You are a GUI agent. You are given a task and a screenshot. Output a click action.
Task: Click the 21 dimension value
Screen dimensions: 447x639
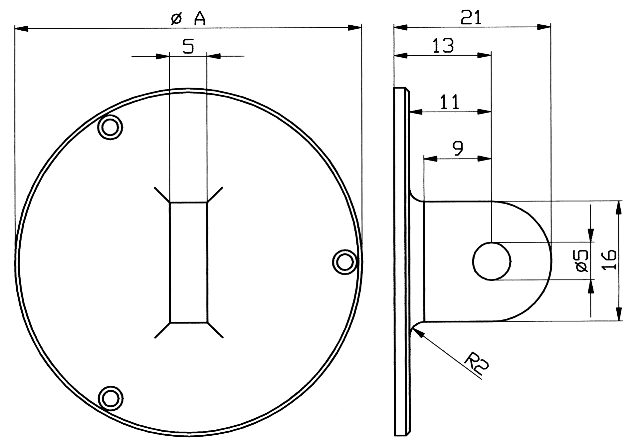(x=471, y=18)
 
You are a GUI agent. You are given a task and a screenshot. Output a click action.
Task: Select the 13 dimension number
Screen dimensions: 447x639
(x=443, y=46)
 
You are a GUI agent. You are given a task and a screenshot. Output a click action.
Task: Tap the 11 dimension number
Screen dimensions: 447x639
(x=450, y=102)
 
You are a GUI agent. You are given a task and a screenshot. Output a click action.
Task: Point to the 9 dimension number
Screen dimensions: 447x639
(x=458, y=149)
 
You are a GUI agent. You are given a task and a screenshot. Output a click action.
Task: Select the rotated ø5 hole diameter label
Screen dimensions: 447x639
(x=582, y=261)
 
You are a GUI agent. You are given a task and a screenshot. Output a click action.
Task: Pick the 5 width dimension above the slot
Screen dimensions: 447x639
(x=188, y=46)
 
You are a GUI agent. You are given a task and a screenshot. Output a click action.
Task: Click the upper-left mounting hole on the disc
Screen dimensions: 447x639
(x=110, y=127)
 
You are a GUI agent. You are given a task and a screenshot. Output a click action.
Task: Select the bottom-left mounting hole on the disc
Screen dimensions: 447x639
(x=111, y=398)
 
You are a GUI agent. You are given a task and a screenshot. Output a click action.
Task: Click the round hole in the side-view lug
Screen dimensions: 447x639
(x=492, y=261)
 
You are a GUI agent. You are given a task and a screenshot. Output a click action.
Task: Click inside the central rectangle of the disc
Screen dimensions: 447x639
(x=189, y=262)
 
